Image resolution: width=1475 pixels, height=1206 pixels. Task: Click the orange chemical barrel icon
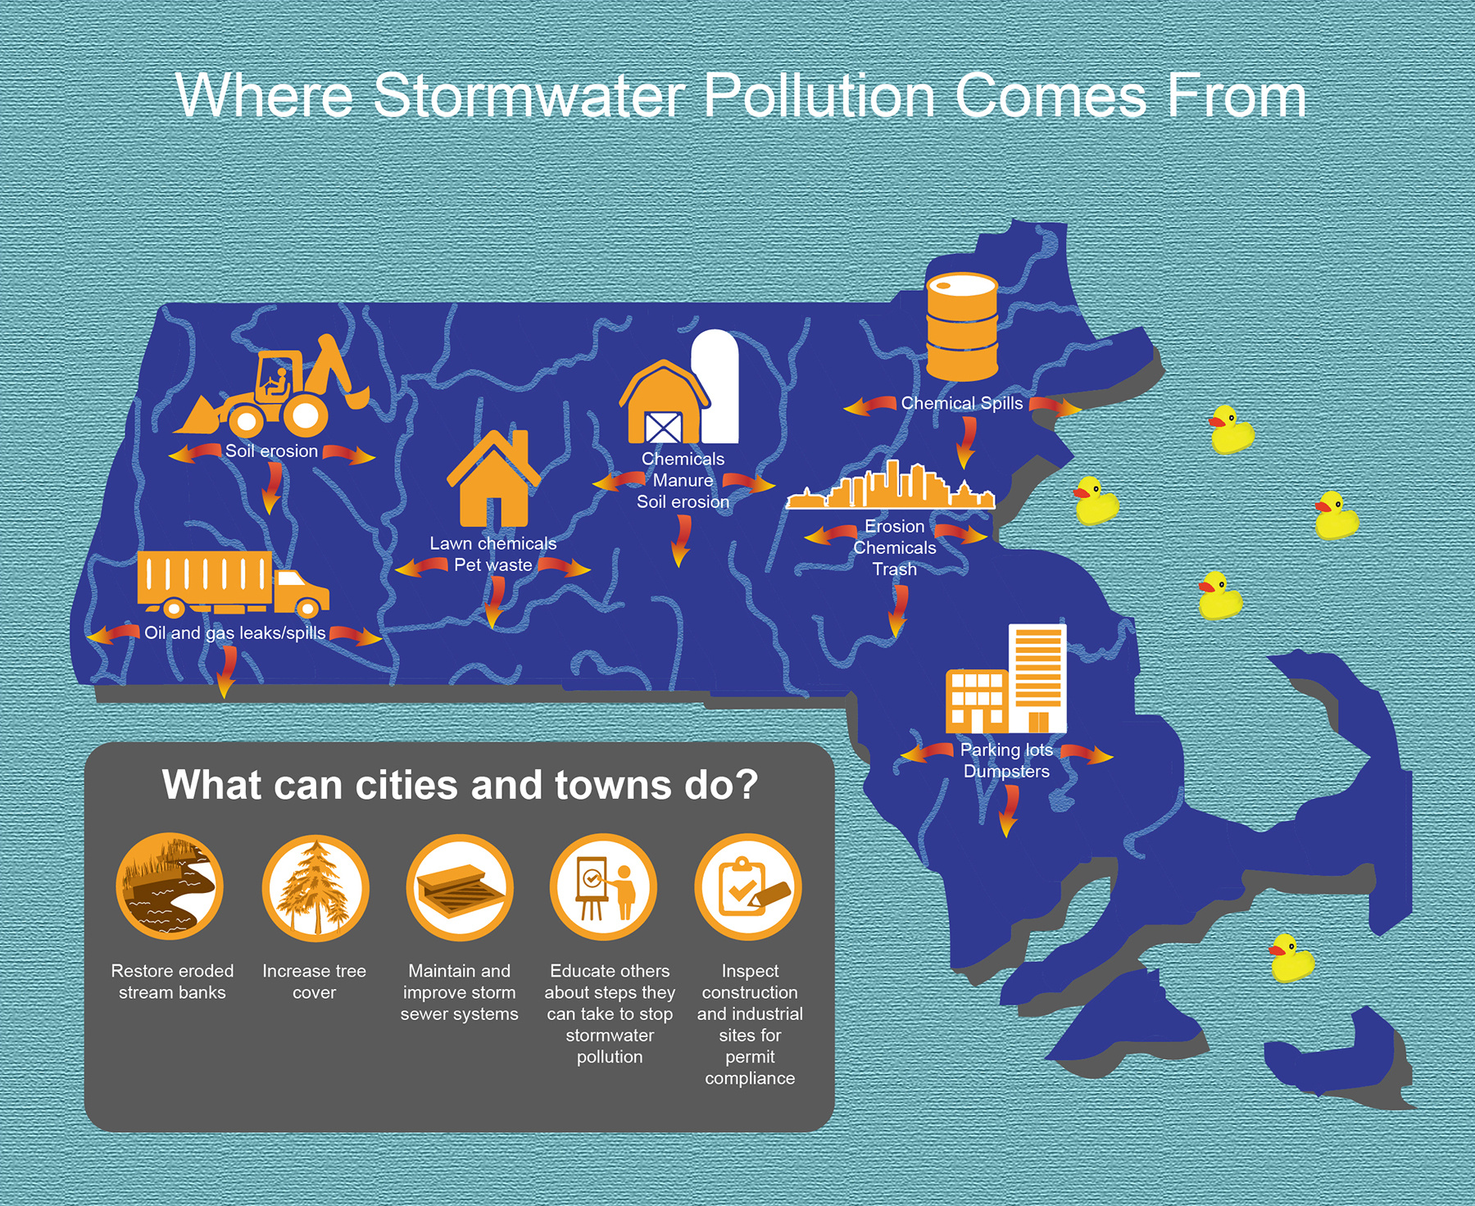[x=962, y=326]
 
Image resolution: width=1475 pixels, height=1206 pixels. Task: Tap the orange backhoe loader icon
[x=272, y=387]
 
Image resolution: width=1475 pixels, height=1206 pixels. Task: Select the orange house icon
[x=493, y=478]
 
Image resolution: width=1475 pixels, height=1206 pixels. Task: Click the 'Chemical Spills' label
[x=962, y=403]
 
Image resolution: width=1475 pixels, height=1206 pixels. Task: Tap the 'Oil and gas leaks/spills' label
[x=235, y=632]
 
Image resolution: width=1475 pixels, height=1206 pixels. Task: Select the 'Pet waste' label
[x=493, y=564]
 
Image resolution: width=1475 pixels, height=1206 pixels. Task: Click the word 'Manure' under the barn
[x=683, y=480]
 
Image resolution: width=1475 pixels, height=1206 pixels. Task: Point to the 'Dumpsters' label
[x=1006, y=771]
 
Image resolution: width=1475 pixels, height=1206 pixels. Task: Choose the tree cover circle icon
[x=315, y=888]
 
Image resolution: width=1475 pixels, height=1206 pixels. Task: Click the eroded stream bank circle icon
[x=170, y=886]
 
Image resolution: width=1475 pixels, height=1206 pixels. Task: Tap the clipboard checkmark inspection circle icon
[x=748, y=887]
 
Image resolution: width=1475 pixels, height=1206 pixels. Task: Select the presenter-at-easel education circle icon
[x=604, y=887]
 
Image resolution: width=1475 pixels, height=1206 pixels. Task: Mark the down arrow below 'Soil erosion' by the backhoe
[x=271, y=488]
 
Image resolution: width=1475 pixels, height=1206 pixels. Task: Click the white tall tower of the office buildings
[x=1037, y=678]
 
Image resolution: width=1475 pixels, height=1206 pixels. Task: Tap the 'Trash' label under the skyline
[x=895, y=569]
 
